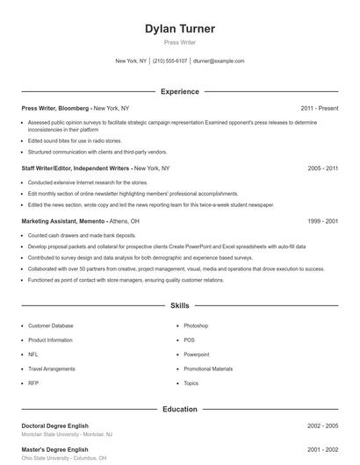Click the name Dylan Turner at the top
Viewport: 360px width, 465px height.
click(180, 29)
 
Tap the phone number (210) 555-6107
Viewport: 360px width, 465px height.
click(170, 61)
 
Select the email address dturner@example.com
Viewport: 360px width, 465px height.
click(219, 61)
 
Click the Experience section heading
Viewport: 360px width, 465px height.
click(180, 91)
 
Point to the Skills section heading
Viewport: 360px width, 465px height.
click(180, 306)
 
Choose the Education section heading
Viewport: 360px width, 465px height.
click(180, 409)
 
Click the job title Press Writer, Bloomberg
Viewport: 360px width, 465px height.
click(55, 108)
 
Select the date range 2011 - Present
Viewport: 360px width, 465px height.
click(319, 108)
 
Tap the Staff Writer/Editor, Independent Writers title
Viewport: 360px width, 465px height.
click(77, 167)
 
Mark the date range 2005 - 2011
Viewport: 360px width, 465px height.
click(323, 167)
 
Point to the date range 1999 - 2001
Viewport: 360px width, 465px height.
click(323, 221)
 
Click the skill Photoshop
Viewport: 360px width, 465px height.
click(196, 325)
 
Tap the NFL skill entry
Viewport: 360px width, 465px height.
click(33, 354)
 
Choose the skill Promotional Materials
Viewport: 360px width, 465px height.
click(208, 369)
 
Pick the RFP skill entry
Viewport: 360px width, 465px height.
click(33, 383)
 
